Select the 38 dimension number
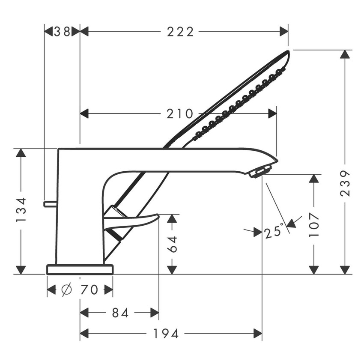(62, 31)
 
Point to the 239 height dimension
(345, 183)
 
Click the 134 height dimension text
(21, 210)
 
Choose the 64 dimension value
(172, 243)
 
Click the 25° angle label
(274, 232)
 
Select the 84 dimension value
(120, 313)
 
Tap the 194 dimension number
(167, 333)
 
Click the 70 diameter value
(89, 290)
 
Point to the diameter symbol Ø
(66, 290)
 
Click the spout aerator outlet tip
(259, 173)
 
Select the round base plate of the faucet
(80, 269)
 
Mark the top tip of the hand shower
(287, 53)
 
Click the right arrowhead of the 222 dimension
(284, 31)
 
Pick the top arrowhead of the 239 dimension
(345, 54)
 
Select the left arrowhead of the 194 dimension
(84, 333)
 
